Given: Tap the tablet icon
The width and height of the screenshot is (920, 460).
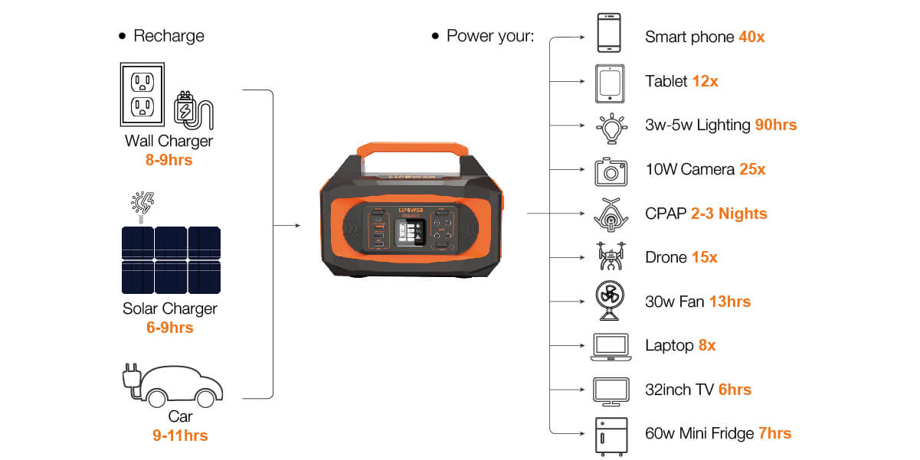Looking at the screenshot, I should pos(611,83).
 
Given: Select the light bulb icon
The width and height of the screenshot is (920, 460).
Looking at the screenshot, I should pos(611,127).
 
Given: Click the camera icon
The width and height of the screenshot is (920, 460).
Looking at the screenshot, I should pos(611,171).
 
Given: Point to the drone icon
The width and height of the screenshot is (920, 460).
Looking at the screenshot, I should pos(611,257).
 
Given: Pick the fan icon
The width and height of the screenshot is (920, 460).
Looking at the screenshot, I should pos(611,302).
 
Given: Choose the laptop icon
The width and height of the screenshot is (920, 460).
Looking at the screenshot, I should pos(611,347).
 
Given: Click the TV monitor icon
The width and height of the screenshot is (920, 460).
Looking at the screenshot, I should pos(611,391).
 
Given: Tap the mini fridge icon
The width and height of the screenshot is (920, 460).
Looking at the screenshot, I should pos(611,436).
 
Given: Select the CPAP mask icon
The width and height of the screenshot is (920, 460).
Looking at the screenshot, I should pos(611,214).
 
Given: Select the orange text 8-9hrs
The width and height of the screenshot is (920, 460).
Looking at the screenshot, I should pos(169,160).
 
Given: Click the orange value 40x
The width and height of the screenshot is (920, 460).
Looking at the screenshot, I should pos(751,37).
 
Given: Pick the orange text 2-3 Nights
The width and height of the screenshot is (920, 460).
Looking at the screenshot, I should pos(728,214).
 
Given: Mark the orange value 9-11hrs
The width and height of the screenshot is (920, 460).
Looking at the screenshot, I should pos(180,436).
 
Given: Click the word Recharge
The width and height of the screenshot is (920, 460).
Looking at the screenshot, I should pos(169,36).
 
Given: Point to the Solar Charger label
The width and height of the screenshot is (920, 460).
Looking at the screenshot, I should pos(169,308).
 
